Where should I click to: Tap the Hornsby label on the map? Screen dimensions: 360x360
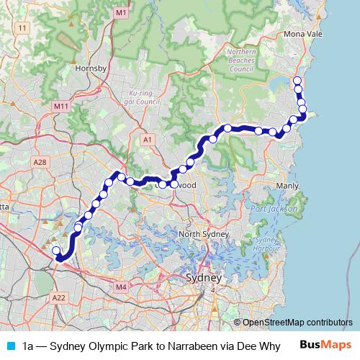91,68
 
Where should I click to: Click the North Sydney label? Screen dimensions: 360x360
204,235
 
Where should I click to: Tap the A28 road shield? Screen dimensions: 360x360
40,164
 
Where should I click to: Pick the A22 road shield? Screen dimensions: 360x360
59,297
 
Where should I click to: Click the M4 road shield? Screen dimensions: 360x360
121,287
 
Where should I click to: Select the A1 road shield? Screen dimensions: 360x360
148,139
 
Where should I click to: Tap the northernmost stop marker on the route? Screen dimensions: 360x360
297,80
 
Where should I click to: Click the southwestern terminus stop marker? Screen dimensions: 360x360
56,251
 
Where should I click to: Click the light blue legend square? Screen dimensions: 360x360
9,346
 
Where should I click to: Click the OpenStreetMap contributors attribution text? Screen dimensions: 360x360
298,323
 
